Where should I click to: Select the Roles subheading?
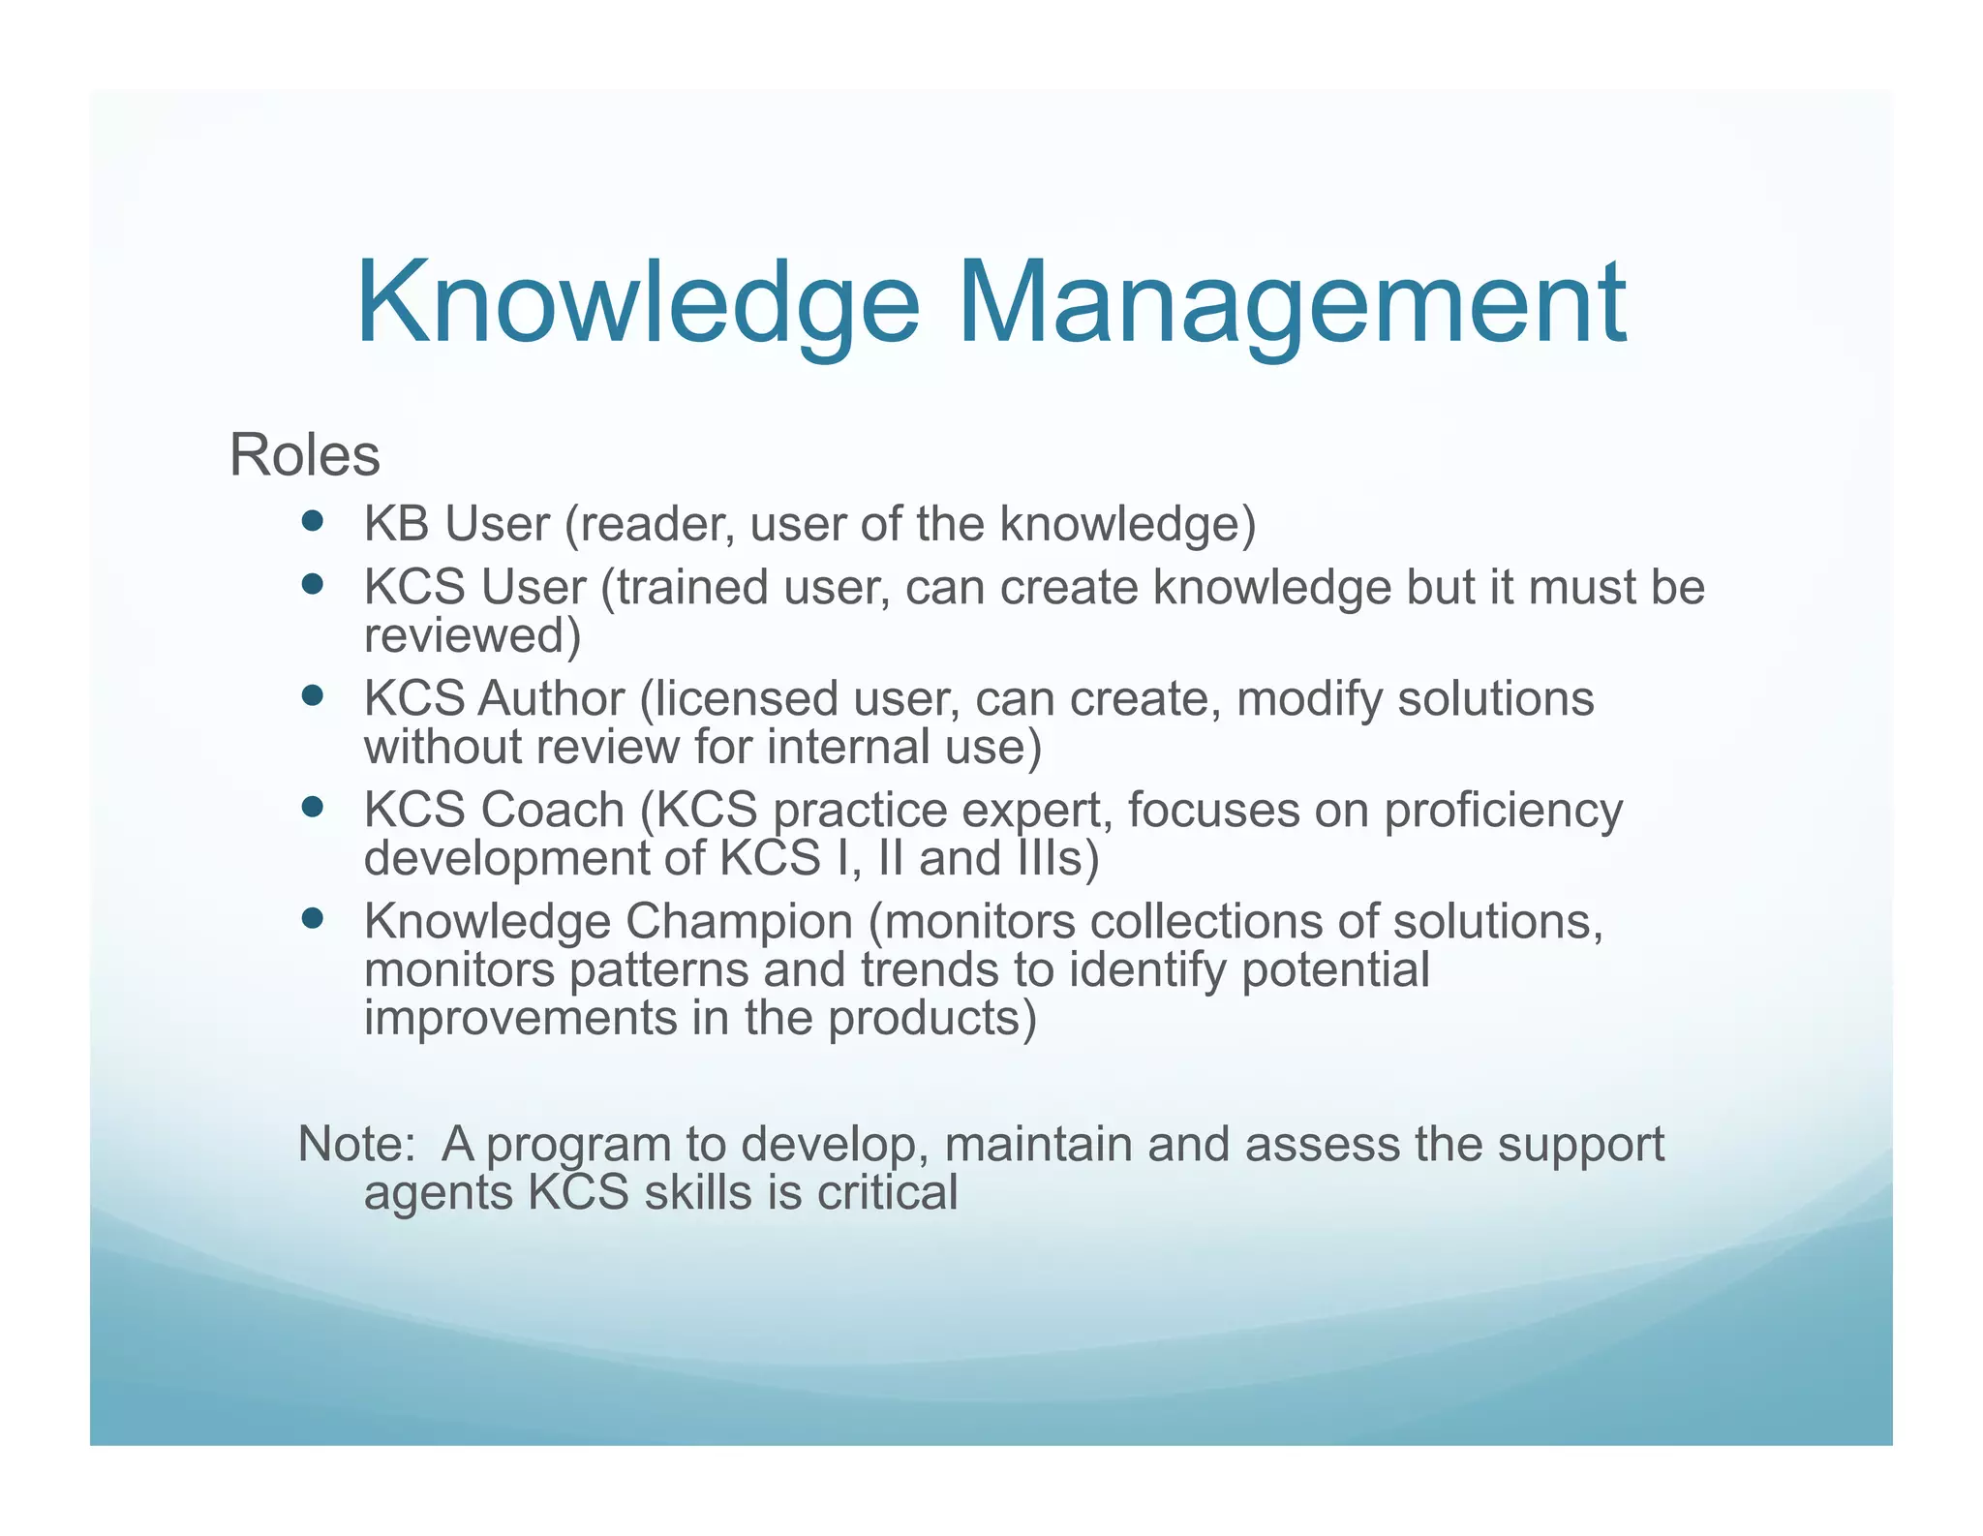click(x=304, y=455)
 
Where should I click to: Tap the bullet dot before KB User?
click(x=312, y=522)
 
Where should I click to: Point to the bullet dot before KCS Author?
click(x=312, y=695)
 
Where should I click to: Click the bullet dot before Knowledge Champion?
click(x=312, y=917)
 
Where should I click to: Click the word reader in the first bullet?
click(x=650, y=524)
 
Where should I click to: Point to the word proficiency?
click(x=1503, y=810)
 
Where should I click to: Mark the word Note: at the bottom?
click(x=356, y=1144)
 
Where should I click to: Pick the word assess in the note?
click(x=1322, y=1144)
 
